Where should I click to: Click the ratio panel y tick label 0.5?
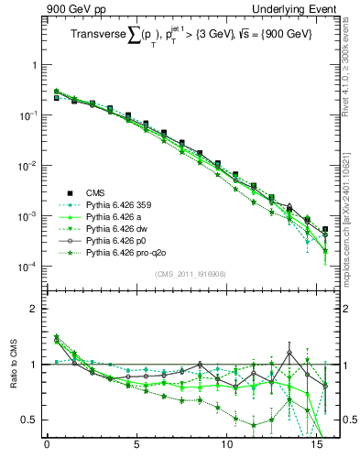point(29,420)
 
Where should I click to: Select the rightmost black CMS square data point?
point(325,230)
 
